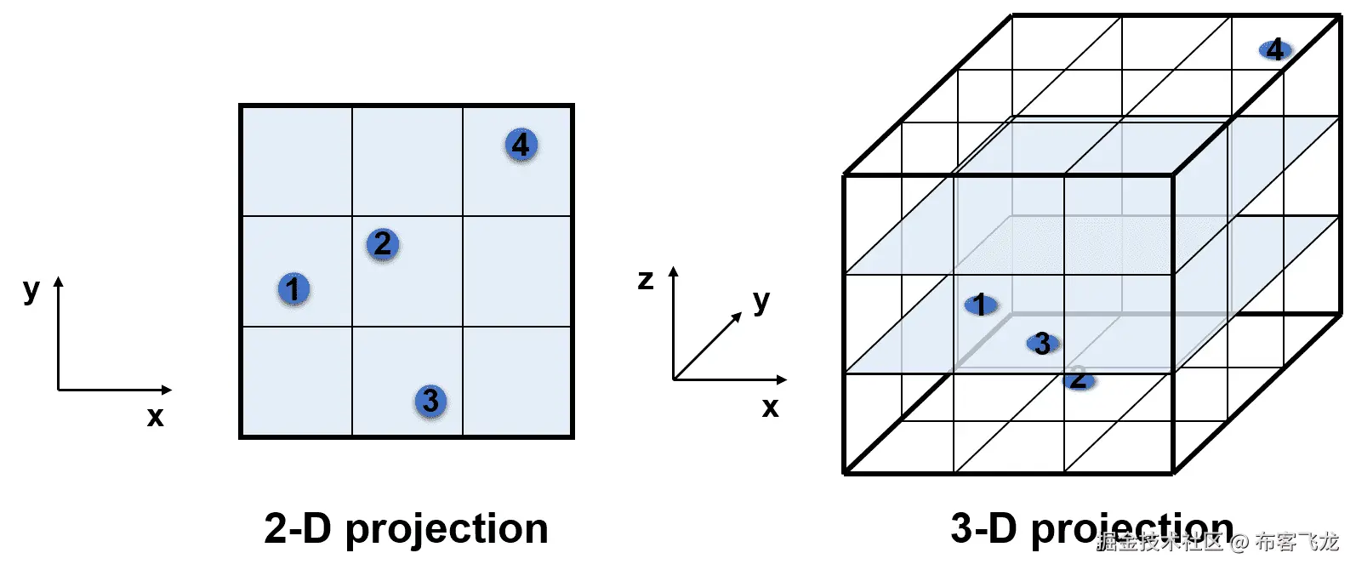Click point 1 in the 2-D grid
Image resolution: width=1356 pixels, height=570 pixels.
tap(293, 289)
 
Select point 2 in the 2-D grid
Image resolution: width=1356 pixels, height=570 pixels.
tap(383, 244)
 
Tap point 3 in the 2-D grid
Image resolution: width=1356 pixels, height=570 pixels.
tap(430, 401)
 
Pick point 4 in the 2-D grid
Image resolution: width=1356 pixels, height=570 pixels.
tap(521, 145)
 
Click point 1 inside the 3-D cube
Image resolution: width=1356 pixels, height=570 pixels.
tap(980, 305)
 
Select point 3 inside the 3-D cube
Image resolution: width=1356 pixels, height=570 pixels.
tap(1042, 344)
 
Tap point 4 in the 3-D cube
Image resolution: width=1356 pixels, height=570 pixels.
tap(1274, 49)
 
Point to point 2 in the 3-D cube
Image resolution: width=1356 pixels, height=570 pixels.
tap(1078, 379)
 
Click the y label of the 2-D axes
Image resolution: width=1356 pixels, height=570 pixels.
tap(31, 289)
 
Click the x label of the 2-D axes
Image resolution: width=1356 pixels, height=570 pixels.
tap(155, 416)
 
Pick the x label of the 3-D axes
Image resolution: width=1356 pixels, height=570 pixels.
tap(770, 408)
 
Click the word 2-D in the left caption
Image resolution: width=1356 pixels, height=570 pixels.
tap(297, 528)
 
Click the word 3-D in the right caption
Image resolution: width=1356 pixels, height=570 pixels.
tap(983, 528)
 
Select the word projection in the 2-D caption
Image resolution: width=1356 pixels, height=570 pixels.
tap(447, 530)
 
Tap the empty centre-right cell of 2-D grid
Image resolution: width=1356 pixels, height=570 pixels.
tap(517, 271)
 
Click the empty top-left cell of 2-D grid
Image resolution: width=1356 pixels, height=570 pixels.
tap(297, 161)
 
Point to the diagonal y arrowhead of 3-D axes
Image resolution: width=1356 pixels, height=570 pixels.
tap(738, 317)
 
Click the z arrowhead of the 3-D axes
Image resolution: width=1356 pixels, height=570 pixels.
tap(673, 271)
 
